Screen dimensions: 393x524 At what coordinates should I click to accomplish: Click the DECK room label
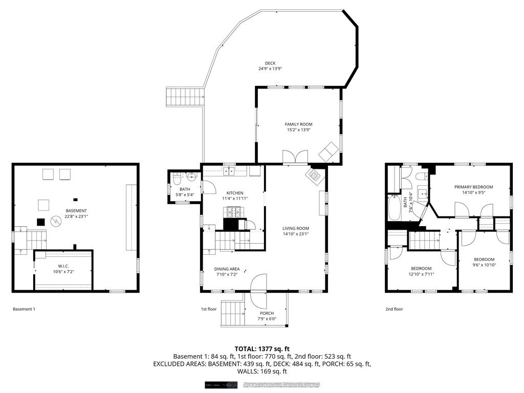pos(270,63)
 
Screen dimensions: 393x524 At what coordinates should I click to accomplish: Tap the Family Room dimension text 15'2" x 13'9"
pos(298,130)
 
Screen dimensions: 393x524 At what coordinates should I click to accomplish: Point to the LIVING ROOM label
pos(296,228)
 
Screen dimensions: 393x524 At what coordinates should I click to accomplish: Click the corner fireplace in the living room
pos(314,177)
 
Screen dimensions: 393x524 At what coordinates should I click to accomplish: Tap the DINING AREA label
pos(227,269)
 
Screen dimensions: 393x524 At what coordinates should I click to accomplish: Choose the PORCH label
pos(266,313)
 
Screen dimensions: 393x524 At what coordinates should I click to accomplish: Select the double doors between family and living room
pos(295,157)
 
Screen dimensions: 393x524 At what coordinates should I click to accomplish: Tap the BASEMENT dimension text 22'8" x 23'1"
pos(76,216)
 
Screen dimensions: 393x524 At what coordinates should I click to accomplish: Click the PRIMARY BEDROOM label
pos(473,187)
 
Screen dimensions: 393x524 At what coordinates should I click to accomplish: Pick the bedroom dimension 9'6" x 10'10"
pos(484,265)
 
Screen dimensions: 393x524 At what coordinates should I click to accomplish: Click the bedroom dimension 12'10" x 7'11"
pos(421,274)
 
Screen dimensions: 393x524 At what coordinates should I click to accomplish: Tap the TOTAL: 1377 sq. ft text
pos(262,348)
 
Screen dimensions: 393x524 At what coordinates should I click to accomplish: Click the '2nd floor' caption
pos(394,309)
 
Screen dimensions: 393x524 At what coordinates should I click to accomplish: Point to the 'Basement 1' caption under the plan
pos(24,309)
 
